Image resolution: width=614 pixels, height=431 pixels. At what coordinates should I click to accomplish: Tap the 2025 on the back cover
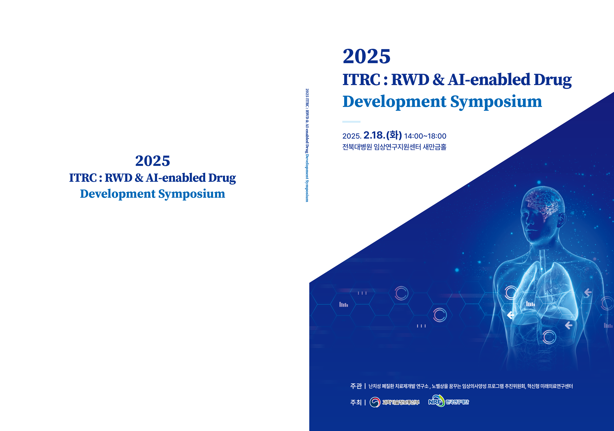152,161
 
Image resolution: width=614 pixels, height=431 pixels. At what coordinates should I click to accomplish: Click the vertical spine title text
307,145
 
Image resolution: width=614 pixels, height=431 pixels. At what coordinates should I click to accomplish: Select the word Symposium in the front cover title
496,102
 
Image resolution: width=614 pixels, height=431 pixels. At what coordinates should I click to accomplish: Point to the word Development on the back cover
118,194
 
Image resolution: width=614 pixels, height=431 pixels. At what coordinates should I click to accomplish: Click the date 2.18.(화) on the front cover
382,135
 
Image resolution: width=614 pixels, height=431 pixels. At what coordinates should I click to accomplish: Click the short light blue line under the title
351,122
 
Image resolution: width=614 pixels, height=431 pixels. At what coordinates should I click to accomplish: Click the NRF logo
436,401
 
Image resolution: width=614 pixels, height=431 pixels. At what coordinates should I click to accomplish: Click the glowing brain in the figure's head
543,203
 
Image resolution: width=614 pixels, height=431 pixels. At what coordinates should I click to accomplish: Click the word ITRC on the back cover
83,178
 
